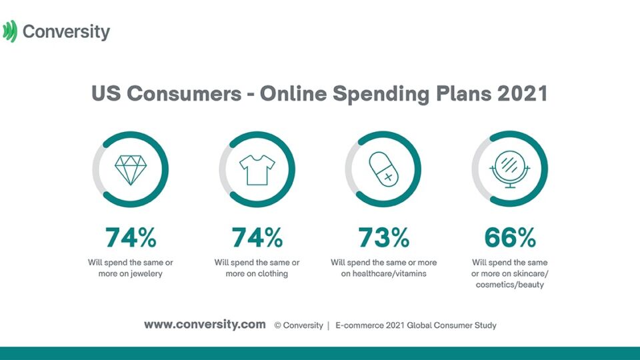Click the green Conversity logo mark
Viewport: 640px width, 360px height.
pyautogui.click(x=9, y=31)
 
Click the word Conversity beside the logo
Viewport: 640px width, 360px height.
pyautogui.click(x=66, y=31)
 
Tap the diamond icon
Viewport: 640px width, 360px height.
pyautogui.click(x=130, y=169)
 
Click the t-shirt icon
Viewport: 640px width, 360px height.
pyautogui.click(x=257, y=169)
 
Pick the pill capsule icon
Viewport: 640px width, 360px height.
pyautogui.click(x=383, y=169)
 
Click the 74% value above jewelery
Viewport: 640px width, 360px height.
pyautogui.click(x=130, y=237)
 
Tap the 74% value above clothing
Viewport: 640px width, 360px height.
pyautogui.click(x=257, y=237)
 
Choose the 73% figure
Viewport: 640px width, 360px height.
pyautogui.click(x=383, y=237)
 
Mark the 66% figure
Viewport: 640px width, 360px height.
pyautogui.click(x=509, y=237)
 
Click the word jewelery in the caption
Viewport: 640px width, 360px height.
pyautogui.click(x=145, y=273)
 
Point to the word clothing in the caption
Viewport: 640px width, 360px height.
pyautogui.click(x=269, y=273)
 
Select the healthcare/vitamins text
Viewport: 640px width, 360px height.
pyautogui.click(x=389, y=273)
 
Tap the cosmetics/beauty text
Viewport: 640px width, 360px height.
pyautogui.click(x=509, y=285)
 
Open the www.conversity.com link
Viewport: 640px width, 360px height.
pyautogui.click(x=205, y=325)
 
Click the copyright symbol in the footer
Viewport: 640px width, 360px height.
pyautogui.click(x=278, y=325)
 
